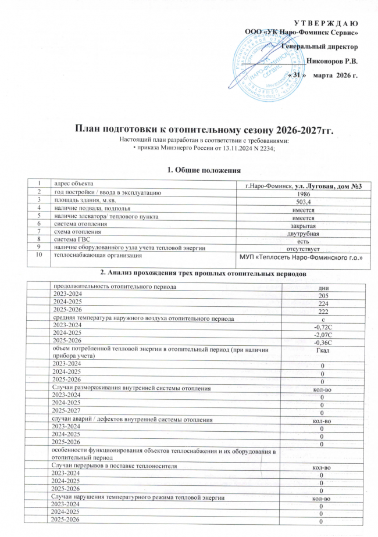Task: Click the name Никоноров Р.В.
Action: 333,60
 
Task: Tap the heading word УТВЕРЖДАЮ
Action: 327,23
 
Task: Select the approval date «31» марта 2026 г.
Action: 323,76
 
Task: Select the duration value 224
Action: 319,303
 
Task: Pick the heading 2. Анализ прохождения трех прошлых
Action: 188,273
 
